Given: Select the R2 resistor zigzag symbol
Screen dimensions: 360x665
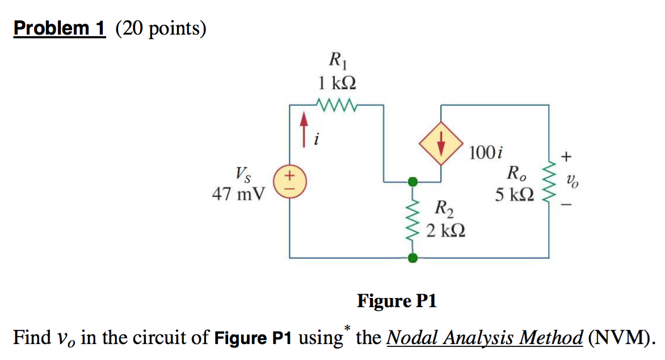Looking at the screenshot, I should coord(413,220).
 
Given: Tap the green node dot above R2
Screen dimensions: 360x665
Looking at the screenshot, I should coord(413,182).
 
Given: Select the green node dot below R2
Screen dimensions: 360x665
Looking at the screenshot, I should coord(413,258).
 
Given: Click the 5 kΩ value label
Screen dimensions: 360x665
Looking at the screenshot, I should coord(514,195).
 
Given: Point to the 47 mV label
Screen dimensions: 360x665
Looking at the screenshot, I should coord(238,195).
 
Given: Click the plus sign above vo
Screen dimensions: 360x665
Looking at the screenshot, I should coord(567,155).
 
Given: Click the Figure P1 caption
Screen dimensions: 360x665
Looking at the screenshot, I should coord(397,300).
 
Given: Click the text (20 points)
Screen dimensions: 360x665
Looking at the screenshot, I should coord(161,28).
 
